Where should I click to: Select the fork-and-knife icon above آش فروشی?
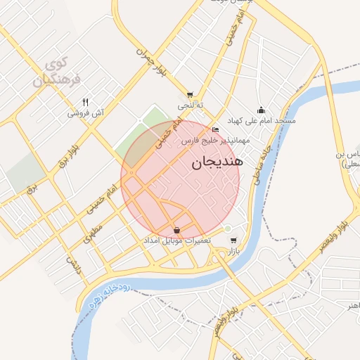86,101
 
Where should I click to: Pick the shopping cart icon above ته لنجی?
190,94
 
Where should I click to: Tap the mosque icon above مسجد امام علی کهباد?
262,110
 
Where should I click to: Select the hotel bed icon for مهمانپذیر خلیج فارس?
215,130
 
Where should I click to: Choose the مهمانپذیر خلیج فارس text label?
211,141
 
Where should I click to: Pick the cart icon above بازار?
233,240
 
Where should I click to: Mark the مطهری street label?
94,233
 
